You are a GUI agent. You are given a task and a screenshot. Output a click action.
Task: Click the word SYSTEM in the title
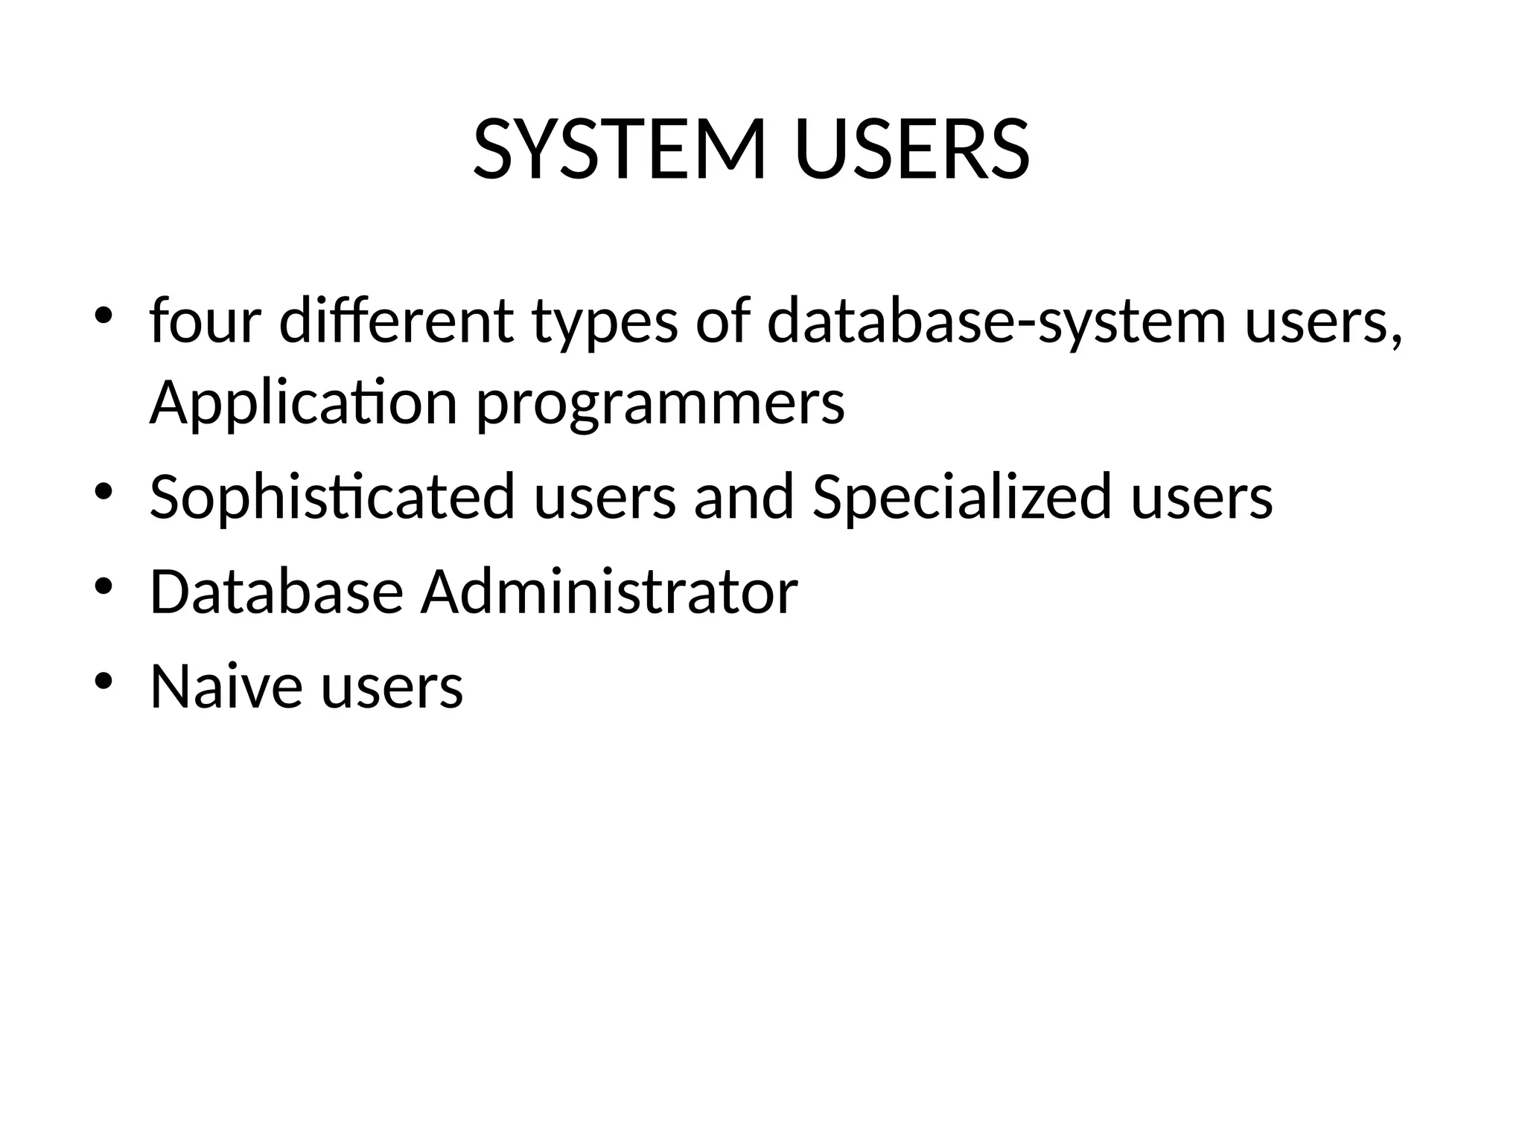pyautogui.click(x=620, y=150)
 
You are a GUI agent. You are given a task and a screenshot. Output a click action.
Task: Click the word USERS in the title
pyautogui.click(x=912, y=150)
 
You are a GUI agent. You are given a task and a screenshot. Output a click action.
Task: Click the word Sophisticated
pyautogui.click(x=332, y=497)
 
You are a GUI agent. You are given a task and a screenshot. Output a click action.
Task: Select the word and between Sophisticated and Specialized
pyautogui.click(x=744, y=497)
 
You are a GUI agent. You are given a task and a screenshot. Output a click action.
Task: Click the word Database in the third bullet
pyautogui.click(x=276, y=592)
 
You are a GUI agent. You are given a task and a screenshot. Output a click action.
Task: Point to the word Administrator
pyautogui.click(x=609, y=592)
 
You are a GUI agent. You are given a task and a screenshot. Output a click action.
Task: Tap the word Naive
pyautogui.click(x=226, y=685)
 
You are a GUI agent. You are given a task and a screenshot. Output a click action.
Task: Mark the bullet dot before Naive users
pyautogui.click(x=104, y=680)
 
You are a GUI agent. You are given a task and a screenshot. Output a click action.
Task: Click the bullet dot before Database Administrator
pyautogui.click(x=104, y=586)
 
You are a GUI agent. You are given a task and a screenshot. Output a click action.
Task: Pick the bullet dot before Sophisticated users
pyautogui.click(x=104, y=491)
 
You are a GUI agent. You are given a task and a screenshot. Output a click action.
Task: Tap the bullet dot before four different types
pyautogui.click(x=104, y=316)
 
